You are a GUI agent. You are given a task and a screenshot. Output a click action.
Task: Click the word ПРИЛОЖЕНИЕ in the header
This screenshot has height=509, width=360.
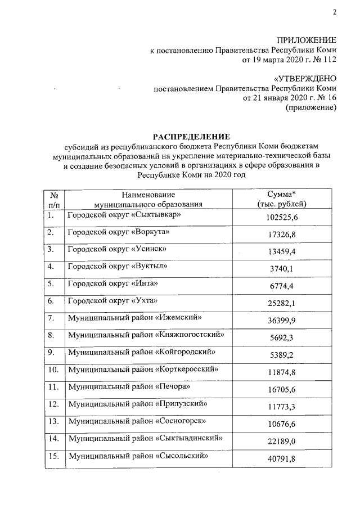[307, 40]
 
